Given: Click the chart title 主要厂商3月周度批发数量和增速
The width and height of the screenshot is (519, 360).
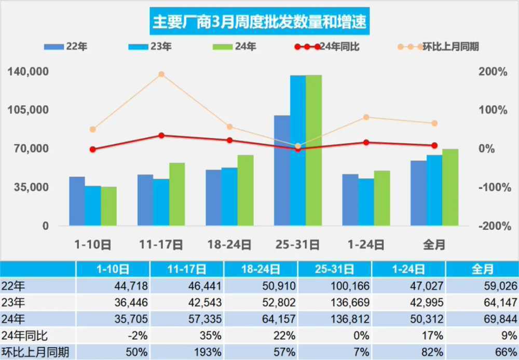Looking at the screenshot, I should point(259,21).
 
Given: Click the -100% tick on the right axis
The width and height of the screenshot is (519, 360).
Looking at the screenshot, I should point(493,187).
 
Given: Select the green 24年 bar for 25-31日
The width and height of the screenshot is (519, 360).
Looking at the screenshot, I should point(313,150).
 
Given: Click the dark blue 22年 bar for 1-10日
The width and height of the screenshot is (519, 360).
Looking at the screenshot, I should point(77,201).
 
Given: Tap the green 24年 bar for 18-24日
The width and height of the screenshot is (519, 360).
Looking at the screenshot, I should point(245,190).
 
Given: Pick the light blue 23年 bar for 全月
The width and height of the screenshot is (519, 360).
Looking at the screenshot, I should point(434,190).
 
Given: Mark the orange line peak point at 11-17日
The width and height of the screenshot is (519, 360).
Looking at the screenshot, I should point(161,74).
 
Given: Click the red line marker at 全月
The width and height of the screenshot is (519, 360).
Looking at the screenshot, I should point(434,145).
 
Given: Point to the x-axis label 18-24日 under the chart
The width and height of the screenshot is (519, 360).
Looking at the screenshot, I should point(229,244).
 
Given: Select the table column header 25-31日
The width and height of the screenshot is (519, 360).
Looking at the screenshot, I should point(335,269).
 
